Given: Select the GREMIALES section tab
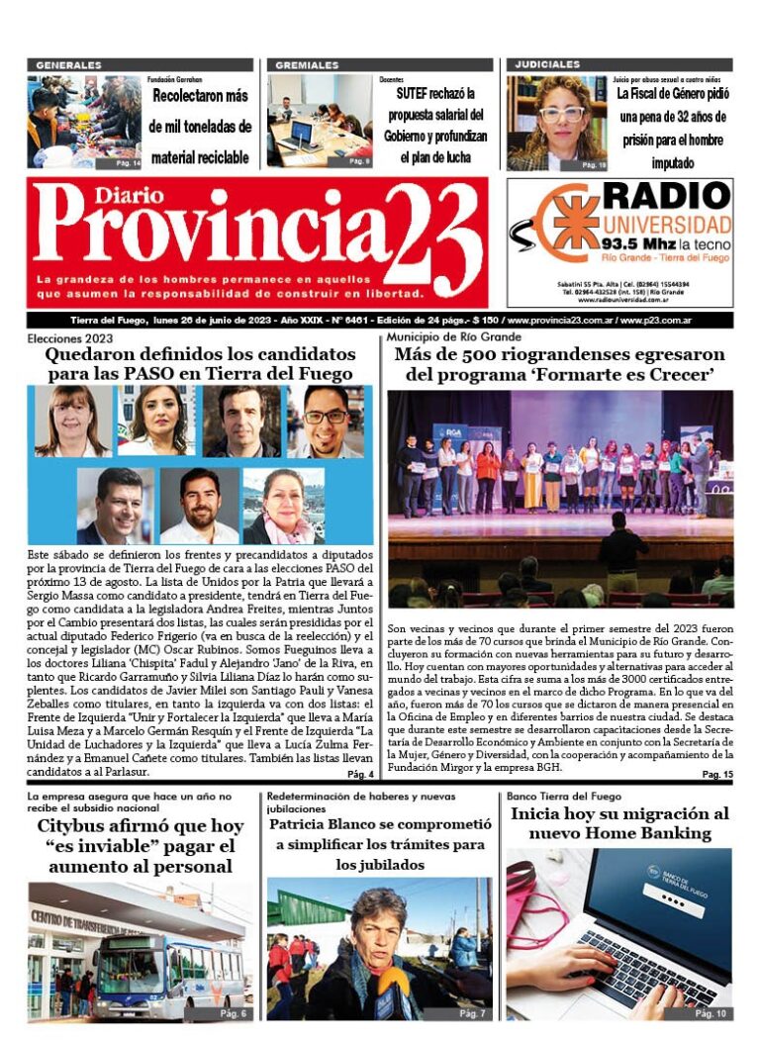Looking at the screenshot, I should pos(307,65).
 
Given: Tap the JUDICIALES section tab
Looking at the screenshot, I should pos(547,65).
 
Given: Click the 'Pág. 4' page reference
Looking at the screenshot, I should pos(360,774).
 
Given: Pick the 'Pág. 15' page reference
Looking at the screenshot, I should pos(717,774).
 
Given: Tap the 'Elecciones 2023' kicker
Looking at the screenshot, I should pos(68,338).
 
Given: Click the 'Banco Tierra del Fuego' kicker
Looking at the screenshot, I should pos(564,796).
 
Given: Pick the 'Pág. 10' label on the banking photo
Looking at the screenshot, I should pos(710,1013).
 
